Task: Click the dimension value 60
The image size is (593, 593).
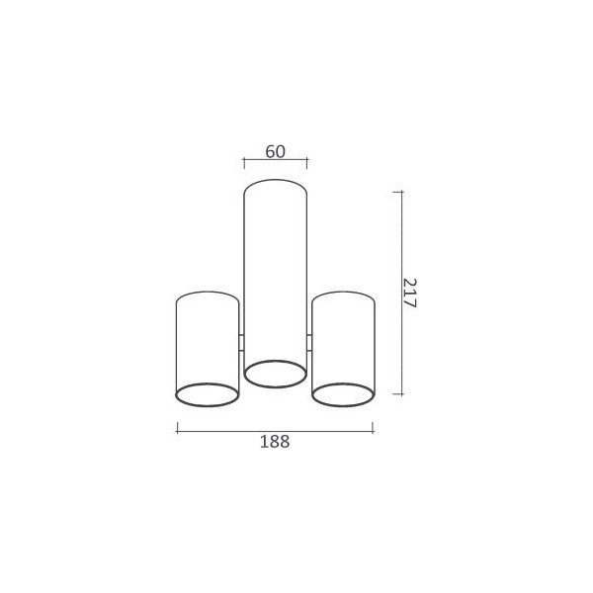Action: point(275,151)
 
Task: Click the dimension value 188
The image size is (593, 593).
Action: point(275,442)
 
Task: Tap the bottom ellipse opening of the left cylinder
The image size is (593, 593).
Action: point(207,394)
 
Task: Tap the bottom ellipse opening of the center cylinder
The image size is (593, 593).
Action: point(275,374)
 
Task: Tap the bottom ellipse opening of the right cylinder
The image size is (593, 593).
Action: point(343,394)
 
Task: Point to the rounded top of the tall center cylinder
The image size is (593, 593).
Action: point(275,183)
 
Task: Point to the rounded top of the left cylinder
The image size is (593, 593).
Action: point(207,295)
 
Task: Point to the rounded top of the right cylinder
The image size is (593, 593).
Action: point(343,295)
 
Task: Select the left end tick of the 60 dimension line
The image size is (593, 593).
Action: point(243,161)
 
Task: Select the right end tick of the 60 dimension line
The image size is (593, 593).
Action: point(306,161)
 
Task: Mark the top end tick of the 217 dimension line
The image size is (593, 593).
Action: point(399,191)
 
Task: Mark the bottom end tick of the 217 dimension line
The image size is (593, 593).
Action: point(399,393)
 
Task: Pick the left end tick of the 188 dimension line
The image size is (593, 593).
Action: point(177,428)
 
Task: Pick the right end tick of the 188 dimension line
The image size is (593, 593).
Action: point(373,428)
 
